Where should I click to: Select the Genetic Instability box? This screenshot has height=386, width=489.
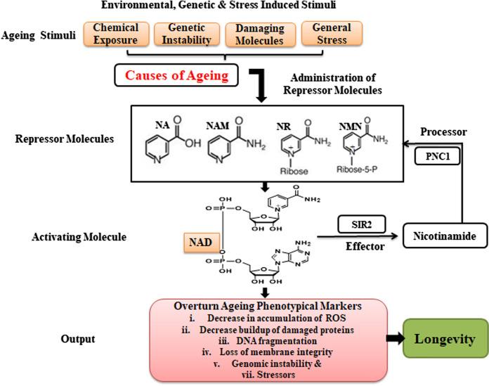click(x=188, y=33)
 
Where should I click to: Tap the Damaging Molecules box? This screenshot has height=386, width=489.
click(x=259, y=33)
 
